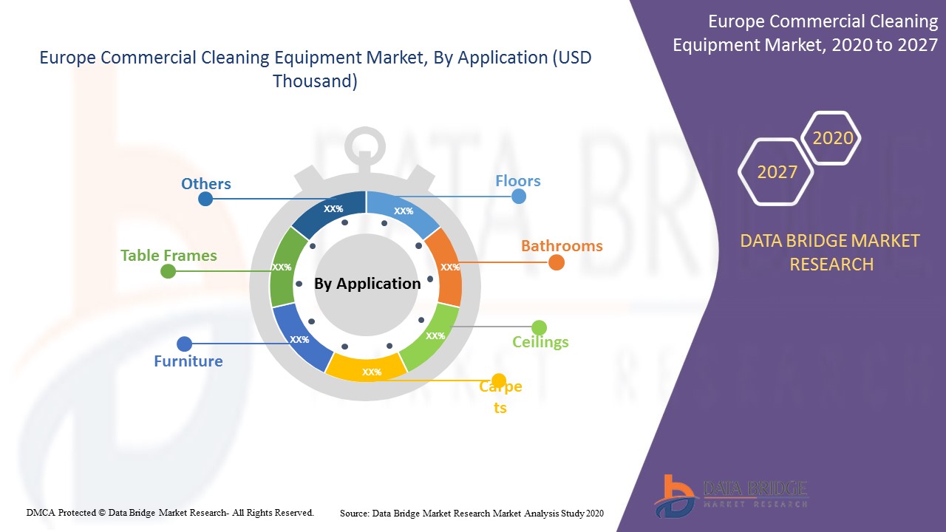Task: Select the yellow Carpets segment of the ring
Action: [x=367, y=368]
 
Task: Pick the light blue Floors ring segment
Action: [x=404, y=211]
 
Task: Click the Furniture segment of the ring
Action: [x=300, y=338]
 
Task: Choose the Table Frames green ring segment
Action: [x=284, y=267]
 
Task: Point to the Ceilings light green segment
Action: [x=433, y=335]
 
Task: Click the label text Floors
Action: [x=518, y=181]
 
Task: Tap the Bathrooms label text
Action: [x=562, y=246]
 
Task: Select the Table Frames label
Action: [x=169, y=256]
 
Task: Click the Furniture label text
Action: [x=188, y=361]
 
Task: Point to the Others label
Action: [x=206, y=184]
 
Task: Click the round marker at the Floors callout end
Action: [x=519, y=197]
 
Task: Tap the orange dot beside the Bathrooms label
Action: [x=557, y=262]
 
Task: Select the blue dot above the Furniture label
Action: [x=184, y=344]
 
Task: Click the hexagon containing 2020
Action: [x=831, y=138]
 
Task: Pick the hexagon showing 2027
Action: [x=776, y=172]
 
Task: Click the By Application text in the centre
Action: [x=367, y=284]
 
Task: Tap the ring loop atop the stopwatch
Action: [x=365, y=146]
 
